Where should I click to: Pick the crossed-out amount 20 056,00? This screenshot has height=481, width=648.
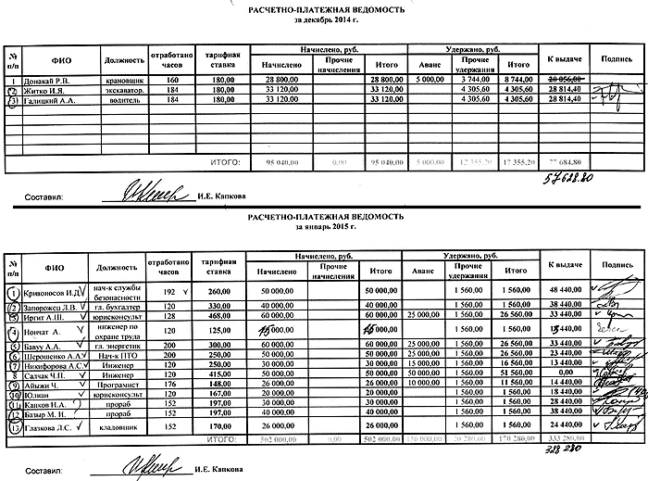tap(564, 81)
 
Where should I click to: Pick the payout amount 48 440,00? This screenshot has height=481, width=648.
tap(564, 292)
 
